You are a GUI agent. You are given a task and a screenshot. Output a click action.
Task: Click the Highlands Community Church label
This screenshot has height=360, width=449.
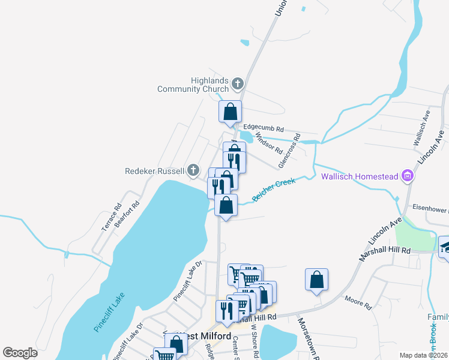point(193,85)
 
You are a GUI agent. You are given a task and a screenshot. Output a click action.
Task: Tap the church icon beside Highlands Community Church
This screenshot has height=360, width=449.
point(238,83)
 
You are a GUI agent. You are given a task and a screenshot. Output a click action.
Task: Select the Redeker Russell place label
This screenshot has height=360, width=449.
point(154,171)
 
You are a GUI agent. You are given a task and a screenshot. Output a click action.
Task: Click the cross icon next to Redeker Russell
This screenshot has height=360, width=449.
point(193,171)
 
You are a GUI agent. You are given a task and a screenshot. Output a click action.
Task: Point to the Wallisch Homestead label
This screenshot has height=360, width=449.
point(360,176)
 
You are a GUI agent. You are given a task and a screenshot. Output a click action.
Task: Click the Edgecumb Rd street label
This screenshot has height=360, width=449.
point(264,129)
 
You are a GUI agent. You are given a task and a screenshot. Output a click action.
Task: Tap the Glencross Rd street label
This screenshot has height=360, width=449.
point(289,154)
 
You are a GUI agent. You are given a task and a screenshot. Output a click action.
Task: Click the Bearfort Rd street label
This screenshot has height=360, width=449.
point(127,212)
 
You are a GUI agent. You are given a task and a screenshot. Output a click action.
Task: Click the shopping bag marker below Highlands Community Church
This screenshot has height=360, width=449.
point(230,111)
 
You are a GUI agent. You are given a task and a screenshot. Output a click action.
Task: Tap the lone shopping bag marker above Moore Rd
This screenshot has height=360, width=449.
point(316,280)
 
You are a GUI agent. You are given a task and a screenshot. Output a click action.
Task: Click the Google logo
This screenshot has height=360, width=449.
point(20,352)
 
